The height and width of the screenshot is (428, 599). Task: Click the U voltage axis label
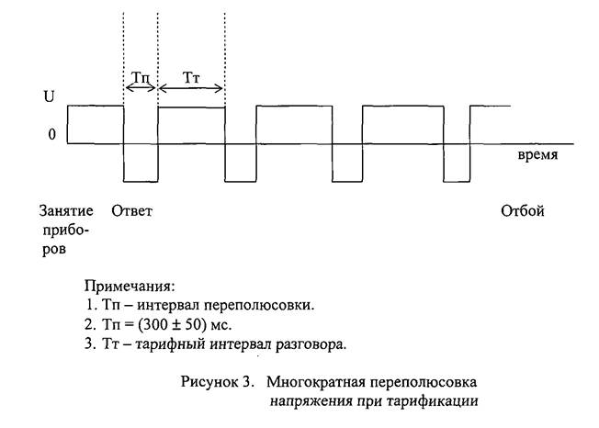[49, 96]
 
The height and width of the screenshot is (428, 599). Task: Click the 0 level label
[52, 134]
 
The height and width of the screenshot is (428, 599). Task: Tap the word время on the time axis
[537, 155]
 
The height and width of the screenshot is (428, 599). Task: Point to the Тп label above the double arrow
[141, 77]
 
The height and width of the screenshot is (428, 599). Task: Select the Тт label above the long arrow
[191, 77]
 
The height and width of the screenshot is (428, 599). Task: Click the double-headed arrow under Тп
[141, 88]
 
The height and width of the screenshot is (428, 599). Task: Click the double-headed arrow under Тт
[190, 88]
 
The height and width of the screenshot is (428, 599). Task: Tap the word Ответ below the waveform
[131, 210]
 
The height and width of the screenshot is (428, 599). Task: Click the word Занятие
[66, 210]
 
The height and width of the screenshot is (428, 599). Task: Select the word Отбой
[522, 210]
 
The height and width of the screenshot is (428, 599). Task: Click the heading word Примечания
[130, 286]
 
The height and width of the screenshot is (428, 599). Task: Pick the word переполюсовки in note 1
[259, 306]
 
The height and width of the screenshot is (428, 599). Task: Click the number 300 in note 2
[154, 324]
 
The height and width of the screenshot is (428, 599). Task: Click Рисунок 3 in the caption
[217, 382]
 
